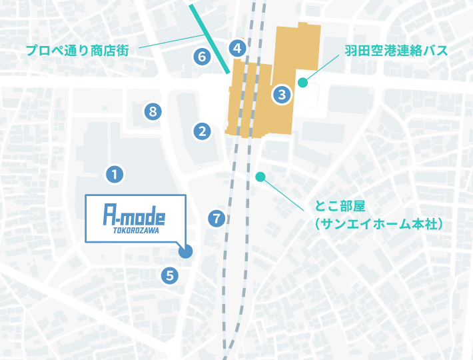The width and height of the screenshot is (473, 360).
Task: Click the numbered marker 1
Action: point(115,175)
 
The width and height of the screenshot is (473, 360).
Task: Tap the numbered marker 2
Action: point(202,131)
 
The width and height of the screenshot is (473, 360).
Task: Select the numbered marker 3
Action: point(282,95)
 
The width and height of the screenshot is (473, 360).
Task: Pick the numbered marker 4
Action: point(237,47)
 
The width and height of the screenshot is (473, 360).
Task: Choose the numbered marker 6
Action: point(201,57)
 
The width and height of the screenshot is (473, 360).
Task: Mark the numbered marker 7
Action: point(216,218)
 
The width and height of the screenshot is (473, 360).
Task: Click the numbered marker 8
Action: point(153,111)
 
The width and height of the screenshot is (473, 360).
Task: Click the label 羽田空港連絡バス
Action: point(396,51)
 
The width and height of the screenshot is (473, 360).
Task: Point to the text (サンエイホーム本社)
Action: point(379,225)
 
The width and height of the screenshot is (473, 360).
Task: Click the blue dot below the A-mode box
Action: point(185,251)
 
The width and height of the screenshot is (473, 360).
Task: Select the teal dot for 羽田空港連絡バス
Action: point(302,83)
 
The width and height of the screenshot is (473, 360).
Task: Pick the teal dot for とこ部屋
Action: point(260,177)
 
